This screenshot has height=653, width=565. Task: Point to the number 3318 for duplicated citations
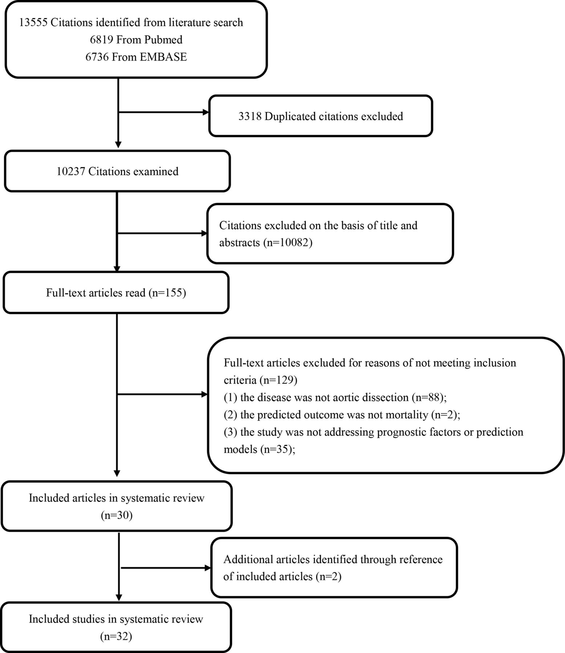click(x=250, y=116)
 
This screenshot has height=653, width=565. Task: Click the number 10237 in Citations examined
click(x=71, y=171)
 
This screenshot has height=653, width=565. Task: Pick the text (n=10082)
click(x=287, y=242)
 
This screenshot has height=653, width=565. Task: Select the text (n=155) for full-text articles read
click(x=167, y=292)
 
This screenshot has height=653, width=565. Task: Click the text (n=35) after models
click(x=275, y=449)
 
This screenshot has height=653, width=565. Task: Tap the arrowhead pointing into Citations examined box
click(x=118, y=145)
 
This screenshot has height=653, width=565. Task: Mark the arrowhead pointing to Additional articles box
click(x=208, y=568)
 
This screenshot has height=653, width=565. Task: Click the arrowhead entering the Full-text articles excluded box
click(x=204, y=394)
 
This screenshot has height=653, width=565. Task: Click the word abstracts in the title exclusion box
click(x=239, y=242)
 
